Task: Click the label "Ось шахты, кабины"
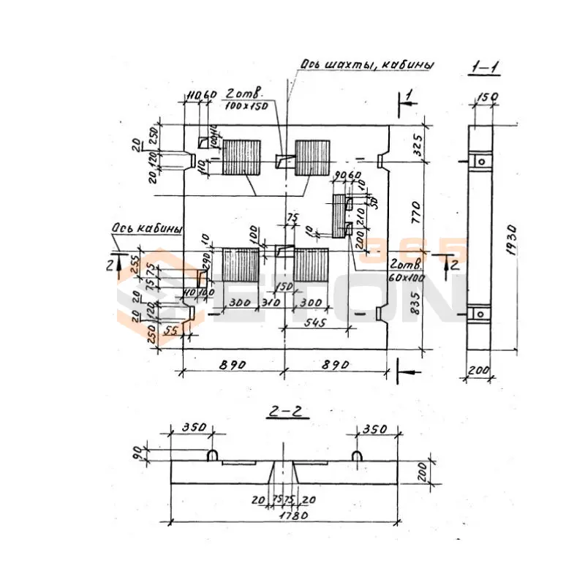click(x=366, y=65)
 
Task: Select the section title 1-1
click(x=484, y=69)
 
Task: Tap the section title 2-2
click(x=287, y=413)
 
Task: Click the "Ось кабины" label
click(x=146, y=230)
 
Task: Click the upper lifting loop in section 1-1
click(x=480, y=161)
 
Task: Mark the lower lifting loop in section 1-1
click(x=480, y=314)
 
